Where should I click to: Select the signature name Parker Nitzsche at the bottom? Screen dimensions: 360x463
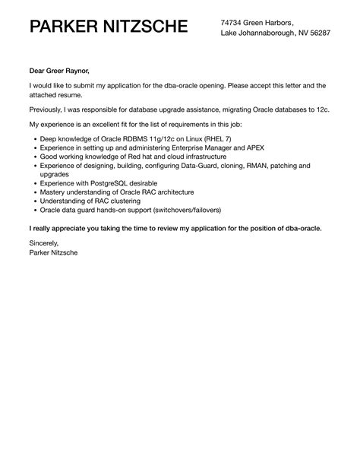[x=54, y=253]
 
